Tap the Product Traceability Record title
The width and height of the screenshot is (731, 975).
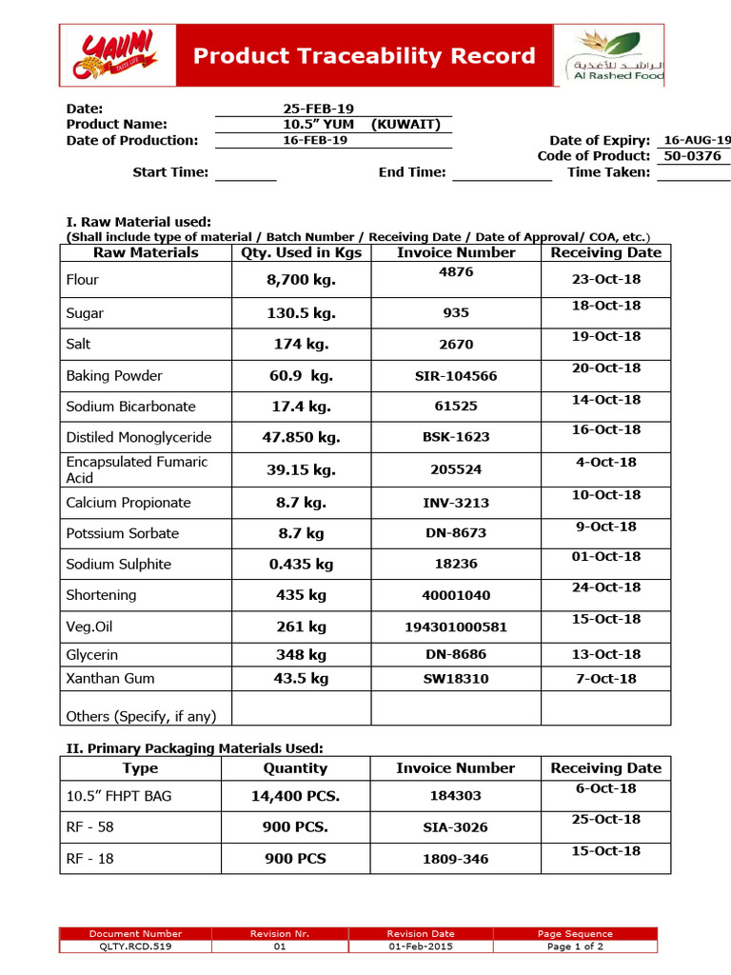365,56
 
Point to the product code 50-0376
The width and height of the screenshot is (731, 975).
692,156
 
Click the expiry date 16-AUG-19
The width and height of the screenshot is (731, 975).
697,140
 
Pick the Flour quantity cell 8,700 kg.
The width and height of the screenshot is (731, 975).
301,280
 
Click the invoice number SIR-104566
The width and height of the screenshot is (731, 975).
456,376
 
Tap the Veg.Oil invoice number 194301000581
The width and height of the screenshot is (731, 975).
456,627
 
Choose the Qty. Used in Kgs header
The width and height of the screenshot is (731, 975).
301,252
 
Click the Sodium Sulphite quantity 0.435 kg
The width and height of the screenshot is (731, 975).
301,565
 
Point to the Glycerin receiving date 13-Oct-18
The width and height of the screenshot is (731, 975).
606,654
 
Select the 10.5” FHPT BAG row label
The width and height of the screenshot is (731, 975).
119,796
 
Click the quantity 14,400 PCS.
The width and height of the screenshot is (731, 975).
295,796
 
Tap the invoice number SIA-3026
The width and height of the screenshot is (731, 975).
456,828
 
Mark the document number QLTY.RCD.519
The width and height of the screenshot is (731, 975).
135,946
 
